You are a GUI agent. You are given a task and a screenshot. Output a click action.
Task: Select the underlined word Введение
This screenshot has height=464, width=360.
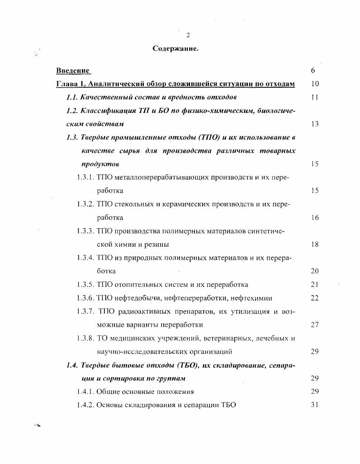coord(72,70)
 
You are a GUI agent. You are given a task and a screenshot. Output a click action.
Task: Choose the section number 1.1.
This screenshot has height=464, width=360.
coord(73,97)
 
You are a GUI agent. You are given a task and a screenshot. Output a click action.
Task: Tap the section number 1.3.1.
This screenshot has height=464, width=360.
coord(85,177)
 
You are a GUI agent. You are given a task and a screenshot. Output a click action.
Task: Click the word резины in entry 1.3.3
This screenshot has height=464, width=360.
coord(157,244)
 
